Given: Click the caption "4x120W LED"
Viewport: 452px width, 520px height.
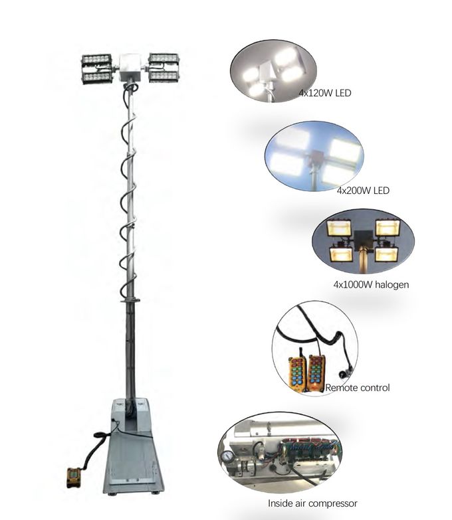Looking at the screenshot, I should click(324, 94).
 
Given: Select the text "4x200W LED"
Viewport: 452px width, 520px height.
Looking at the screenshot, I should click(362, 191).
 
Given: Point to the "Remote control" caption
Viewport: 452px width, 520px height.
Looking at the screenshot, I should click(357, 387).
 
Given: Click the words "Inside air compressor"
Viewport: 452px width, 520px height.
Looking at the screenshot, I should click(312, 503).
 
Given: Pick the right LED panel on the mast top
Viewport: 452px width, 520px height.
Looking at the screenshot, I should click(164, 68).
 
